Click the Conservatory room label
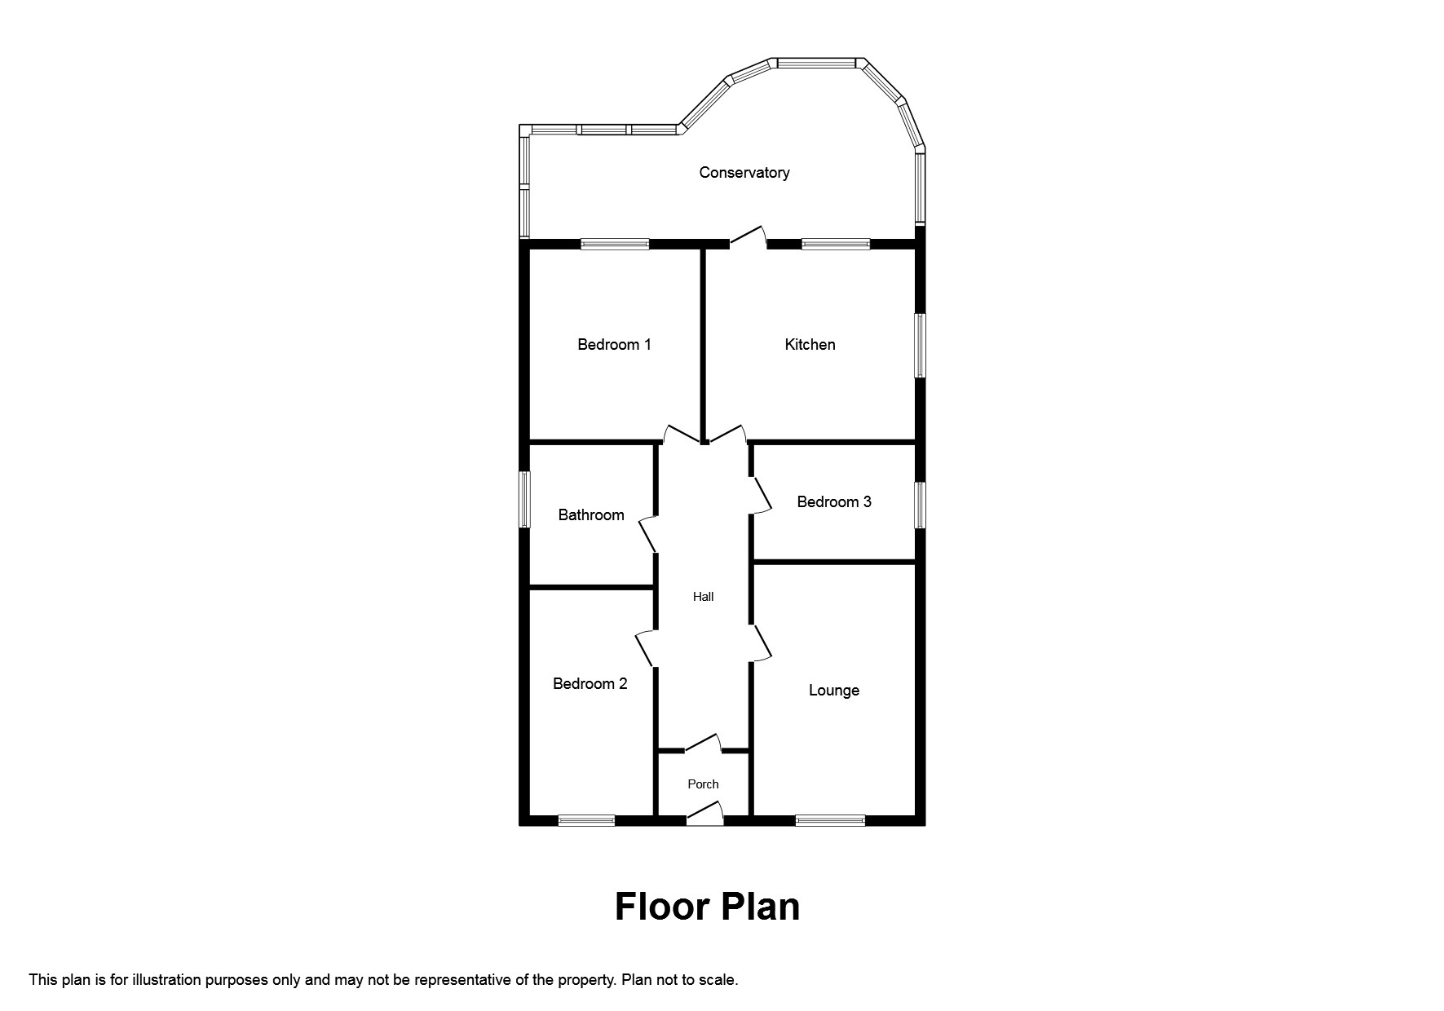(744, 173)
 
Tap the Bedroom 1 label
(614, 345)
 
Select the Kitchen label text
(810, 345)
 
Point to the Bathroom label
(591, 515)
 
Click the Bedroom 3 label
(833, 502)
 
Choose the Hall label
(703, 597)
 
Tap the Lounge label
(833, 691)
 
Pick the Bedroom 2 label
(590, 684)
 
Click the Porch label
(703, 784)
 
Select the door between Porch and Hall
(703, 743)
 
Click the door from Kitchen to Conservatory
(748, 236)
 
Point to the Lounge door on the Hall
(762, 642)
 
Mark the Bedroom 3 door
(762, 495)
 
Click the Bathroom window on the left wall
(525, 499)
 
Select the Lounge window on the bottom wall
(830, 820)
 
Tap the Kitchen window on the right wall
(919, 346)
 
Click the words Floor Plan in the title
(707, 907)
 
